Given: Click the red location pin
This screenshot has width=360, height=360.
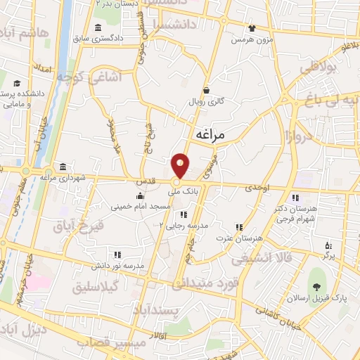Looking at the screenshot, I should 180,165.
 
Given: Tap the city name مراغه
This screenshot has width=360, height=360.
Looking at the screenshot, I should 214,134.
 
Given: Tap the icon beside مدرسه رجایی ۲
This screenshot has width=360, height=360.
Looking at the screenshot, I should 183,214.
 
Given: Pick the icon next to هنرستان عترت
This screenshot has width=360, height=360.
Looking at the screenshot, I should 239,227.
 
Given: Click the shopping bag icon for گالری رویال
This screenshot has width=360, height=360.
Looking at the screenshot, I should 207,90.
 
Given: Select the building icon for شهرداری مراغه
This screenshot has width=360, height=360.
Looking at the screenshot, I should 63,167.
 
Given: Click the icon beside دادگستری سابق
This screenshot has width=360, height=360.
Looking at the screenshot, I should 96,27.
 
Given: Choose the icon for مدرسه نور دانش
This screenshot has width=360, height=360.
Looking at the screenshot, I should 117,255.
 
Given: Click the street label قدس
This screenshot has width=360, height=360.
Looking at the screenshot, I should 145,181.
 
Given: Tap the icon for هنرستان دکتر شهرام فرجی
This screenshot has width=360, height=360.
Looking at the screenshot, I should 295,197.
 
